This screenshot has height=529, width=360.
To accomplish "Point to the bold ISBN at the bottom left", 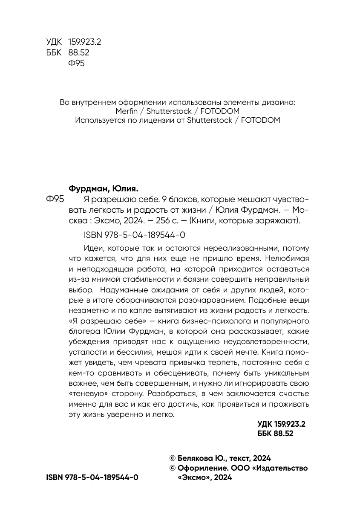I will click(92, 477).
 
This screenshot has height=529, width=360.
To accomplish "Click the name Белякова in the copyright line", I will click(196, 458).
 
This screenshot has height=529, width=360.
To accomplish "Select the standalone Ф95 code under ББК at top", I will click(77, 64).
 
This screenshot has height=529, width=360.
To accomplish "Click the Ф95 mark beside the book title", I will click(54, 199).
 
